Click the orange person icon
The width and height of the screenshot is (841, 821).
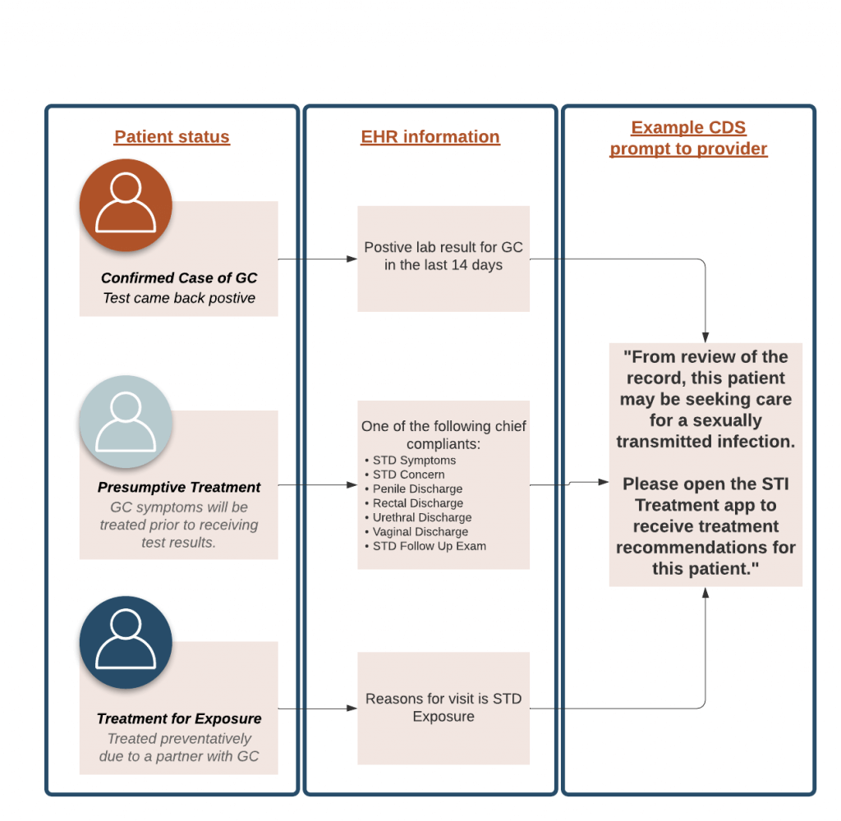click(126, 204)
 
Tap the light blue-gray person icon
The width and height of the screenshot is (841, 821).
click(126, 421)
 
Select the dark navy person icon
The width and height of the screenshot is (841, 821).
click(126, 641)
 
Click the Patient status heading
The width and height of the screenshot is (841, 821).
click(172, 137)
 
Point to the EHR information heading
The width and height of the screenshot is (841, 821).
click(430, 137)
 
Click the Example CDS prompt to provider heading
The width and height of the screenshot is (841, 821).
click(688, 139)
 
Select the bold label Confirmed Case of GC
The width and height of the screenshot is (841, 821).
click(179, 278)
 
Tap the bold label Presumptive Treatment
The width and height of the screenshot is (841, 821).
click(179, 488)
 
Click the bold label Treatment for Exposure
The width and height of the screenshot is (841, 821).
click(179, 718)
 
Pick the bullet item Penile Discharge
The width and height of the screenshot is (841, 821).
click(417, 488)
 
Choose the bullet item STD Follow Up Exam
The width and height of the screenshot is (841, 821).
click(429, 546)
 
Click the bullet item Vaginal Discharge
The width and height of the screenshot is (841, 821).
click(420, 532)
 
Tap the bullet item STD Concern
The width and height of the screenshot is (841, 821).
click(408, 475)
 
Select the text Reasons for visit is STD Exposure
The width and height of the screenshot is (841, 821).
click(443, 708)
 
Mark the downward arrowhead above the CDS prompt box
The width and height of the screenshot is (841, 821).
click(705, 337)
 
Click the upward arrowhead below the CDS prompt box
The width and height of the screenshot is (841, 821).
click(705, 593)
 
